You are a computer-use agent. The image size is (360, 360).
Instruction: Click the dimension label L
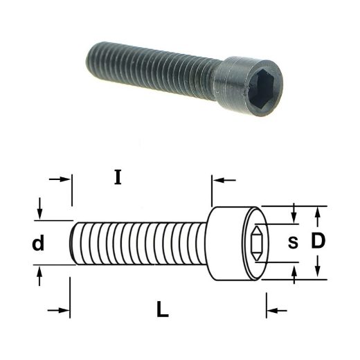pyautogui.click(x=163, y=309)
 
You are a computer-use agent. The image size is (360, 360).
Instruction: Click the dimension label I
pyautogui.click(x=118, y=177)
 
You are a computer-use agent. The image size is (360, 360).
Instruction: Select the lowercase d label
pyautogui.click(x=38, y=243)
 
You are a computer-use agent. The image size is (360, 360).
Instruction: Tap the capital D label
pyautogui.click(x=318, y=241)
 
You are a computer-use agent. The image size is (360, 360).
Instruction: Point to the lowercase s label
pyautogui.click(x=293, y=243)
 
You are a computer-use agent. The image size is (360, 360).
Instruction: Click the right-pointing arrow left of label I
pyautogui.click(x=60, y=179)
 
